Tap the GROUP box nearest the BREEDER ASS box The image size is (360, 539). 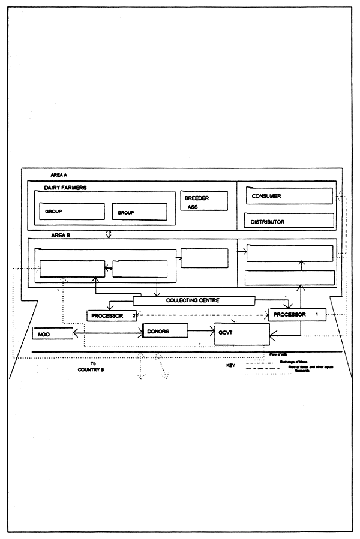pyautogui.click(x=139, y=212)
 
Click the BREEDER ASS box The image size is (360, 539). pyautogui.click(x=204, y=200)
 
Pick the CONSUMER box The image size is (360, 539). pyautogui.click(x=289, y=196)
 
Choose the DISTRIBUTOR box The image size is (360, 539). pyautogui.click(x=289, y=221)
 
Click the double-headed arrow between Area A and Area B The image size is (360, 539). pyautogui.click(x=109, y=233)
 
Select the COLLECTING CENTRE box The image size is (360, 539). pyautogui.click(x=193, y=300)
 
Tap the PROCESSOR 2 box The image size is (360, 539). pyautogui.click(x=111, y=315)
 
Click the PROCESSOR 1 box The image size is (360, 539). pyautogui.click(x=296, y=314)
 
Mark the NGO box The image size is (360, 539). pyautogui.click(x=52, y=333)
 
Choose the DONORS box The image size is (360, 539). pyautogui.click(x=165, y=330)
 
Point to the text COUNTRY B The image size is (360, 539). pyautogui.click(x=91, y=370)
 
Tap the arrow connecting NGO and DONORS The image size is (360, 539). pyautogui.click(x=107, y=331)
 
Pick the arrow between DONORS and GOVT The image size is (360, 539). pyautogui.click(x=202, y=331)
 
